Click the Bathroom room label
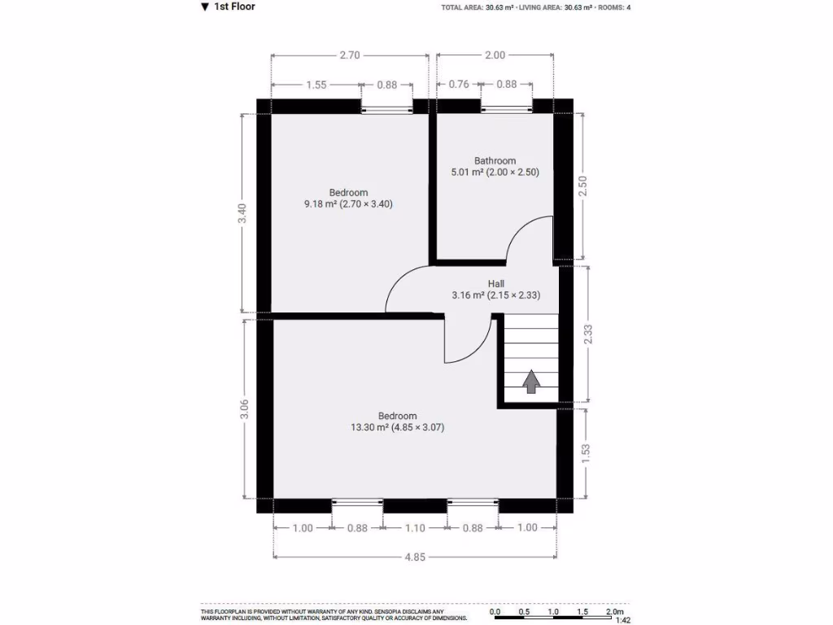[495, 160]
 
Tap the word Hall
[495, 283]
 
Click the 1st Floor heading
[234, 7]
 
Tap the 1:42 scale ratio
[622, 620]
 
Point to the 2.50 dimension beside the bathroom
[582, 185]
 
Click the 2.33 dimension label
[588, 334]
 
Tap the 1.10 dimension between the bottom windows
[415, 527]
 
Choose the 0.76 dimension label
[459, 84]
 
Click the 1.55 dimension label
[316, 84]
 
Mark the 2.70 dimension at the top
[350, 55]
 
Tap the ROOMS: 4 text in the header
[617, 7]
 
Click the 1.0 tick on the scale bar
[553, 611]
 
